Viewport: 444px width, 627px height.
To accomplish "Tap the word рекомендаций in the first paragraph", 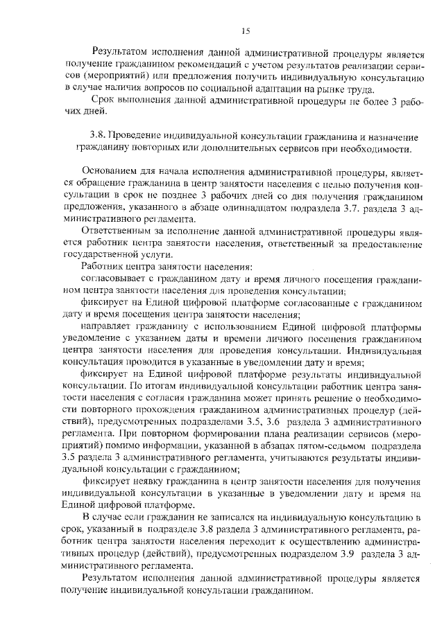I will pos(183,64).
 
